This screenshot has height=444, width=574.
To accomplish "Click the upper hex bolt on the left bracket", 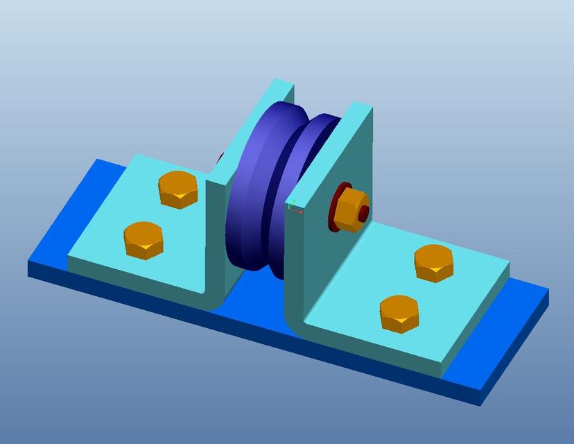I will [180, 189].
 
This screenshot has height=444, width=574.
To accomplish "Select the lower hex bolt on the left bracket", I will [144, 240].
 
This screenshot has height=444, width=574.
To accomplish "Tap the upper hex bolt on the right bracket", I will [434, 263].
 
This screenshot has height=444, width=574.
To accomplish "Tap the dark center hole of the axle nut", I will [363, 214].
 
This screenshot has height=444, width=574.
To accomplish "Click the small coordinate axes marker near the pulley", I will [293, 205].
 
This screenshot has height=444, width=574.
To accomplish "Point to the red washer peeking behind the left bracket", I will [220, 158].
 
